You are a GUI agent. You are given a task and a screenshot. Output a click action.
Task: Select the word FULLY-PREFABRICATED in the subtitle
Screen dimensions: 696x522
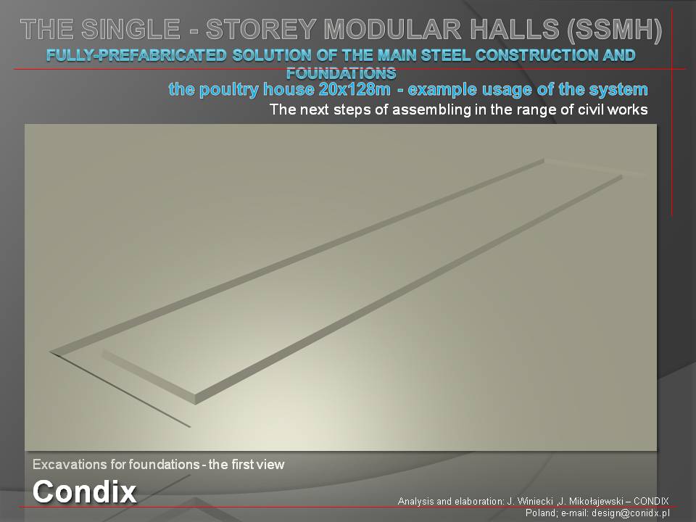tap(136, 55)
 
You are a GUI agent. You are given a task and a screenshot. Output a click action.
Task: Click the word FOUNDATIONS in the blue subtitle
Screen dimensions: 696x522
tap(341, 72)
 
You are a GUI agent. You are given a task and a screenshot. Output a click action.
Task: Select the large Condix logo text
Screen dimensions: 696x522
tap(84, 492)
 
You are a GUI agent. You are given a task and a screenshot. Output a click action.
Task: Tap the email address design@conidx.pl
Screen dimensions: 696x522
tap(630, 513)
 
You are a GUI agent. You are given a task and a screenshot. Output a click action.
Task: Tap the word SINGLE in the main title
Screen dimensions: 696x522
tap(130, 29)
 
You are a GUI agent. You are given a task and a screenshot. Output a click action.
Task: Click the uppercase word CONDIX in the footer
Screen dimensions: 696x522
tap(651, 501)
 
